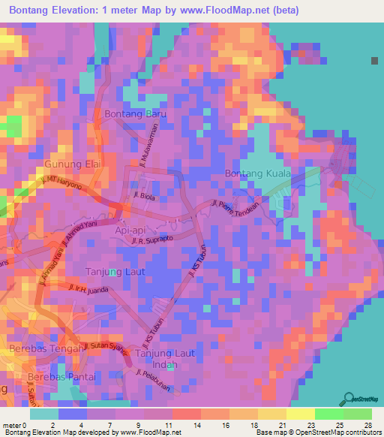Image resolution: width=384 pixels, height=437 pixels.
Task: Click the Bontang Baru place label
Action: (134, 114)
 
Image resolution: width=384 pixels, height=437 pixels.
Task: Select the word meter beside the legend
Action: (12, 426)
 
